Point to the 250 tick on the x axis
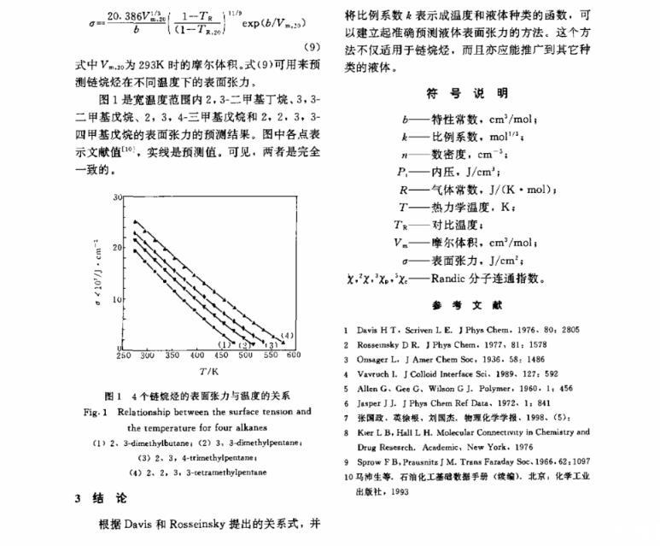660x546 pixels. pos(122,355)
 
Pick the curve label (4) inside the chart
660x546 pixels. pos(288,334)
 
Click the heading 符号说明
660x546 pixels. pos(466,92)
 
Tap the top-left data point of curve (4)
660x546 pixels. pos(135,222)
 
